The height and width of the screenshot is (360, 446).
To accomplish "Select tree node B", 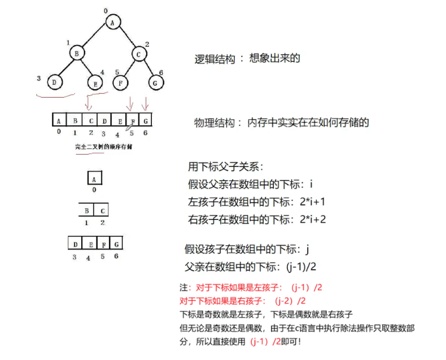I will [x=77, y=53].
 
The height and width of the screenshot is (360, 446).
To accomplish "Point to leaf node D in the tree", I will [x=55, y=82].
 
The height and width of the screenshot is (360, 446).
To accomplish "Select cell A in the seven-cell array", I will [x=58, y=120].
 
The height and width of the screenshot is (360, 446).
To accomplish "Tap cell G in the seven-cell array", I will [x=146, y=120].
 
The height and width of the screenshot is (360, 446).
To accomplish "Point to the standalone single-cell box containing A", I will [x=94, y=178].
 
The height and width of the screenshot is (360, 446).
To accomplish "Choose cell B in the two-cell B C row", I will [x=86, y=211].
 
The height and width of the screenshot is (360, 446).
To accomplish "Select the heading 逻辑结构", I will [x=216, y=59].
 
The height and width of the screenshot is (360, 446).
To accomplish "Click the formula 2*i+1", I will [x=310, y=202].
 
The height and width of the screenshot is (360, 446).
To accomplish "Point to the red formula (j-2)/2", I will [x=290, y=300].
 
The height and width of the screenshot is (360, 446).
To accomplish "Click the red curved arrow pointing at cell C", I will [x=88, y=103].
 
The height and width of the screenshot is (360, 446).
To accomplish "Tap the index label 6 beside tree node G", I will [x=161, y=73].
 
